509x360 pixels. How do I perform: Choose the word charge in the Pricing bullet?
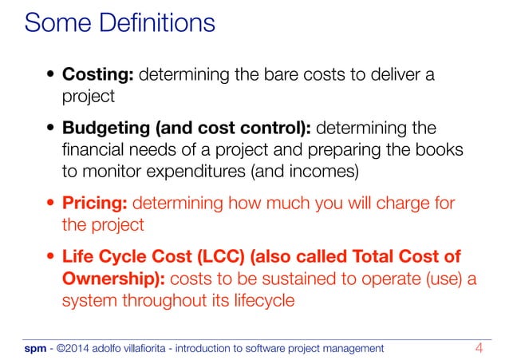(x=397, y=204)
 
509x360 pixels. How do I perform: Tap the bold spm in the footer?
(x=35, y=348)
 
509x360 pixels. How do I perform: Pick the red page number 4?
(x=479, y=347)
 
